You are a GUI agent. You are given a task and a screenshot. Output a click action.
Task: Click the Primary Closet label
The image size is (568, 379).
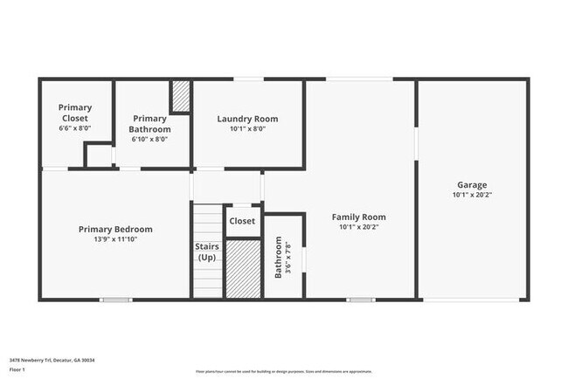point(75,113)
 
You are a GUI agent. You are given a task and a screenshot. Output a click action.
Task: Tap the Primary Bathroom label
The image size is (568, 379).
point(149,124)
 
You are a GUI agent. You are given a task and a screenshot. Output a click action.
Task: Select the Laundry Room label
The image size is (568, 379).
point(247,119)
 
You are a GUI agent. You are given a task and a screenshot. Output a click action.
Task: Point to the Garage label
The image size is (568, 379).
point(472,185)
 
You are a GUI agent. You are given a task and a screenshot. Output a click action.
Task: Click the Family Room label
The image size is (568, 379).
point(358,217)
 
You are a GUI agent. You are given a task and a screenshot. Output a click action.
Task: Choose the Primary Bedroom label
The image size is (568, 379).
point(115,230)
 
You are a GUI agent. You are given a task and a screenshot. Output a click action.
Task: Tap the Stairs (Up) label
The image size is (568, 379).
point(207,252)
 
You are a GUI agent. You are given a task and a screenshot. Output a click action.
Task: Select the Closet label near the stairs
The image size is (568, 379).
point(242,221)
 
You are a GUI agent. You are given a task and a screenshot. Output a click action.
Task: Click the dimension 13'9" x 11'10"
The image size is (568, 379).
point(115,239)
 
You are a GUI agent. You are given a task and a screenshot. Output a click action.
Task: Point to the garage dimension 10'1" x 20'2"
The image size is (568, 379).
point(472,196)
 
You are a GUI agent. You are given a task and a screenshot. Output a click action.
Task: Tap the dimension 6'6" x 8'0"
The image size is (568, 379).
point(75,128)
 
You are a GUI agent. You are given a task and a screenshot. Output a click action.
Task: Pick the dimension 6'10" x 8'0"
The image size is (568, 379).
point(149,139)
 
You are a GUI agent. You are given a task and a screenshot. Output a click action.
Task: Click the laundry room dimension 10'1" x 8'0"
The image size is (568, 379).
point(247,129)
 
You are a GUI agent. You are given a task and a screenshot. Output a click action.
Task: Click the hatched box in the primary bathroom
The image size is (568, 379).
point(181,96)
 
